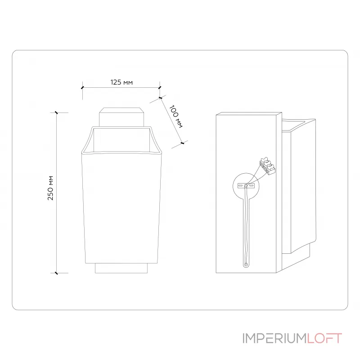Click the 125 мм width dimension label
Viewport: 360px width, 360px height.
click(x=121, y=82)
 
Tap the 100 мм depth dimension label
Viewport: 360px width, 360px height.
click(x=176, y=117)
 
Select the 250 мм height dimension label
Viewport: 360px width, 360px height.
click(x=50, y=188)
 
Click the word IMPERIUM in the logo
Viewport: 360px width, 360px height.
click(x=274, y=338)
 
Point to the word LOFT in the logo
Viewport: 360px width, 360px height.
click(x=324, y=338)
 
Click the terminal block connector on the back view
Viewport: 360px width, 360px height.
click(x=267, y=166)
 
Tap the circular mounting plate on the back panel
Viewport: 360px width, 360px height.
click(x=246, y=186)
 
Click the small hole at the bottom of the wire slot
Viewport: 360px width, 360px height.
click(x=246, y=264)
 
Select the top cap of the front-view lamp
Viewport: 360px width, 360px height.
click(x=121, y=117)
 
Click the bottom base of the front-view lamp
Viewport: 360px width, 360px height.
click(x=121, y=268)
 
